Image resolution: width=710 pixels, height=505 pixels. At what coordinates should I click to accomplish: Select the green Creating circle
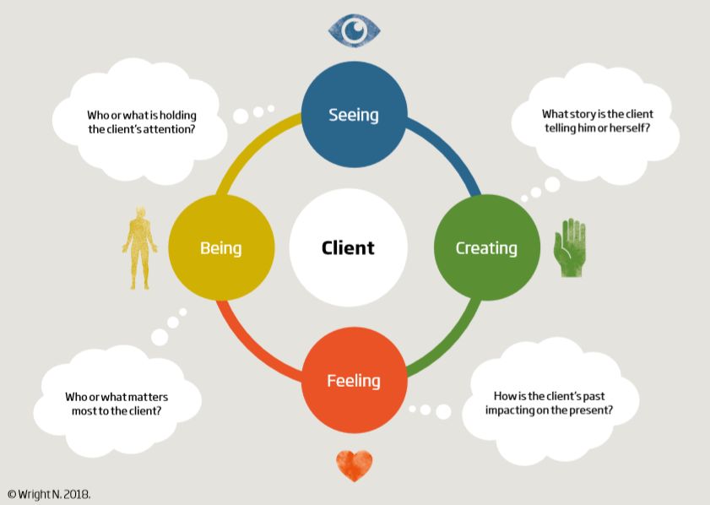pos(486,247)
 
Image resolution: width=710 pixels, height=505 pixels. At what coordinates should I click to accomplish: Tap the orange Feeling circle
pos(354,381)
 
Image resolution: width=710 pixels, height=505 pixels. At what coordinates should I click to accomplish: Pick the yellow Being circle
pos(221,247)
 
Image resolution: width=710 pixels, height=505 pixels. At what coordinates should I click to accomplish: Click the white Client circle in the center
pos(348,247)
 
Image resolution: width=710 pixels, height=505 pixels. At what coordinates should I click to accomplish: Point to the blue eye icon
pos(354,31)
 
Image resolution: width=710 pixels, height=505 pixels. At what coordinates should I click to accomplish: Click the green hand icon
pos(570,248)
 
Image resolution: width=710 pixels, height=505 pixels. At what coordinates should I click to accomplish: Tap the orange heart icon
pos(354,464)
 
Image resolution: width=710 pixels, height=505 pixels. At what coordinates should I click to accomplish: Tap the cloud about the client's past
pos(552,402)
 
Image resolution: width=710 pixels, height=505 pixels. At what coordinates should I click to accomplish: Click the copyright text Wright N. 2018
pos(48,493)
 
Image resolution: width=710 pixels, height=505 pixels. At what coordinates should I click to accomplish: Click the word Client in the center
pos(348,248)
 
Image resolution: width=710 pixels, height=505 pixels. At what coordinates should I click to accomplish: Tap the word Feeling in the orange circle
pos(354,381)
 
